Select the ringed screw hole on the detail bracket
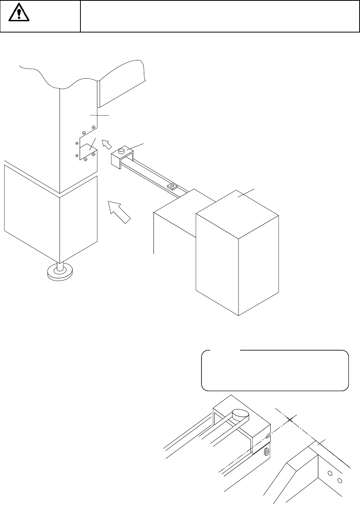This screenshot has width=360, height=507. [x=266, y=452]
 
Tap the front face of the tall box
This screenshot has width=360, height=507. [x=217, y=263]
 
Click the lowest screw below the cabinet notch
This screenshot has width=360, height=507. [x=85, y=159]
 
